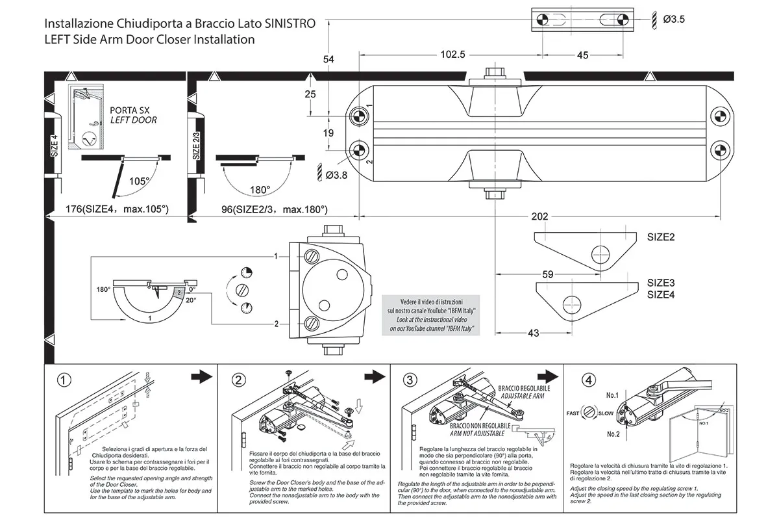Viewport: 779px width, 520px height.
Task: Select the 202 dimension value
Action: pos(540,216)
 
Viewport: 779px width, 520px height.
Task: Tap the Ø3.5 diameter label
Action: pos(674,19)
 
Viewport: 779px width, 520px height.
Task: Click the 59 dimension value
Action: pos(547,275)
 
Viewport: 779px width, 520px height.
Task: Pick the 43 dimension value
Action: pos(532,333)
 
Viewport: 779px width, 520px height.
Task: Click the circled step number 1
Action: pos(64,380)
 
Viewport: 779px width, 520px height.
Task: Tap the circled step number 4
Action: pos(588,380)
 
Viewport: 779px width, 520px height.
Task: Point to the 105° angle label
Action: pos(139,181)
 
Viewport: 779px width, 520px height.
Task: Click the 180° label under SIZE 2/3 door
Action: pos(260,190)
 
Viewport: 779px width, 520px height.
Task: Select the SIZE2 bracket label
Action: pos(661,237)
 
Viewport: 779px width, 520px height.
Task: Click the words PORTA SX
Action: pos(130,110)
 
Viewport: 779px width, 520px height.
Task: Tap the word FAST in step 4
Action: pos(573,413)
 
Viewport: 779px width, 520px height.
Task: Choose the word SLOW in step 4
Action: pos(606,413)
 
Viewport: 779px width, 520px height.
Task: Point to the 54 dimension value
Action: pos(328,60)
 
